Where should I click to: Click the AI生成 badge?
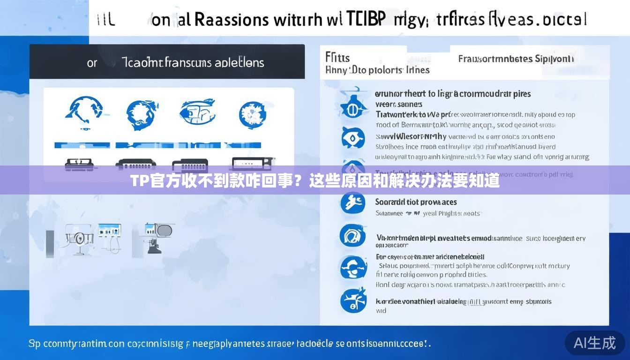[x=594, y=343]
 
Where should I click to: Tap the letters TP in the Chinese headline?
[x=139, y=181]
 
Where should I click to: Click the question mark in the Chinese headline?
[x=301, y=181]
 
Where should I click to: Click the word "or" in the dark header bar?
[x=92, y=63]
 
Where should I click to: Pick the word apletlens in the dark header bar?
[x=239, y=62]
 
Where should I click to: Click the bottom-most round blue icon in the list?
[x=352, y=300]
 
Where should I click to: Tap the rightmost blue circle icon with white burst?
[x=253, y=113]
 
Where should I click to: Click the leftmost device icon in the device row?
[x=79, y=164]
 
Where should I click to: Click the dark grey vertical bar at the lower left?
[x=50, y=244]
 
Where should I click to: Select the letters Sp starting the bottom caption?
[x=34, y=344]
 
